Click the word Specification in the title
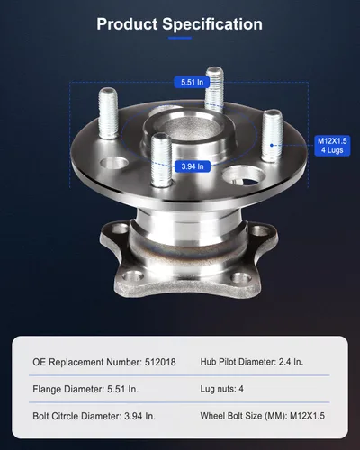212,24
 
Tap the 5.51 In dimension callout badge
192,82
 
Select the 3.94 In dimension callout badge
193,166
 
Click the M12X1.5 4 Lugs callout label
332,146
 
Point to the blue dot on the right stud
272,145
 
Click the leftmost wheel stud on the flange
108,113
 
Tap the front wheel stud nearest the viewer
161,160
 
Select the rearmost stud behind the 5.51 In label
214,89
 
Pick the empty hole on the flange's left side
114,163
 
